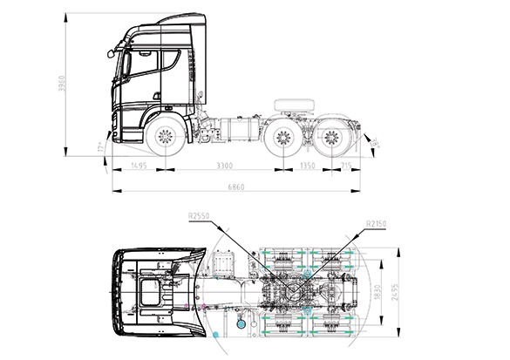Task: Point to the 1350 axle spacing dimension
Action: tap(307, 166)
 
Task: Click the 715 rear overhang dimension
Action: tap(346, 166)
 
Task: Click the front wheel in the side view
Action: tap(163, 138)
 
